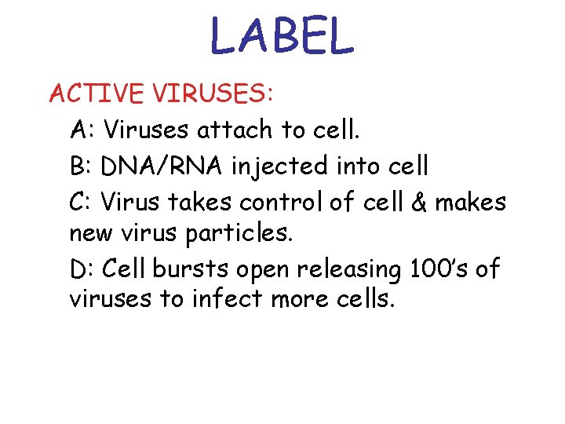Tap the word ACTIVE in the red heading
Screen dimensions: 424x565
(x=96, y=94)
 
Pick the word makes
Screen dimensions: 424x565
(x=470, y=203)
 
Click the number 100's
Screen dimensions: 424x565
(x=439, y=269)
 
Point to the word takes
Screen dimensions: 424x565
(x=201, y=203)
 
